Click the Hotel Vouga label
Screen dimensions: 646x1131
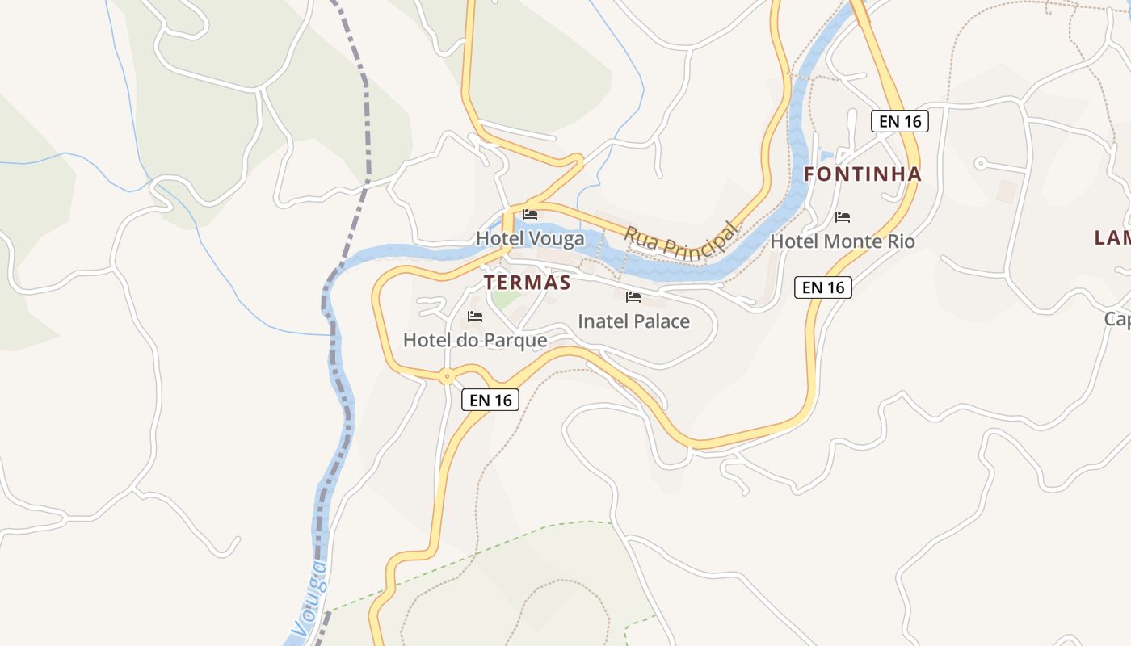click(529, 238)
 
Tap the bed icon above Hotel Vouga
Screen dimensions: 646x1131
click(530, 215)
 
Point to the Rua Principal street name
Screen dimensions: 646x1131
click(680, 240)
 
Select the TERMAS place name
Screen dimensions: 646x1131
click(527, 283)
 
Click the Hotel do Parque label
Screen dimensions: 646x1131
click(475, 340)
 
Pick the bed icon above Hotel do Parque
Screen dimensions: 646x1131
click(475, 317)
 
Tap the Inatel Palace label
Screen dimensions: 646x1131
click(633, 321)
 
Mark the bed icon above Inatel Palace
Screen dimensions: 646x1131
click(633, 297)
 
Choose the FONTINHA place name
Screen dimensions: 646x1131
click(863, 174)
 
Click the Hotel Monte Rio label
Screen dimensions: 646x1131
click(843, 241)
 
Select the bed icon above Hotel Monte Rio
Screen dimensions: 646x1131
click(843, 217)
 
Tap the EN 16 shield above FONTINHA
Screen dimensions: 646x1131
click(900, 122)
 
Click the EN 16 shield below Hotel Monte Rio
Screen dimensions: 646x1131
click(823, 287)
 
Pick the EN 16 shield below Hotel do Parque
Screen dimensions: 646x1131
click(490, 400)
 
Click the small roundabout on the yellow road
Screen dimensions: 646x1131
click(447, 375)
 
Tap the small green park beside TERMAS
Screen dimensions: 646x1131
click(506, 298)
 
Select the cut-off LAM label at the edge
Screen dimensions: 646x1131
click(1113, 237)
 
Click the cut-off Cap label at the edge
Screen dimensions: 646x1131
click(1118, 320)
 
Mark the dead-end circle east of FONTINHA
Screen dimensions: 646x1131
click(981, 163)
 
